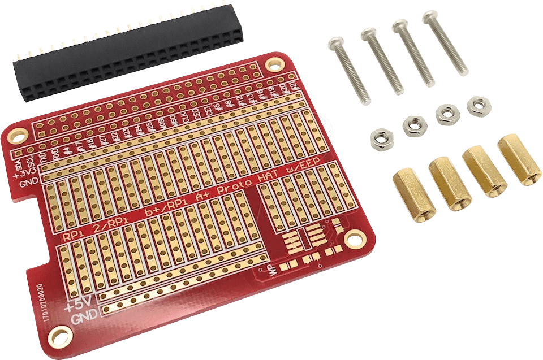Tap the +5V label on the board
(x=76, y=307)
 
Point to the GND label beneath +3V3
(x=28, y=184)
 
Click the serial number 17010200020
(x=48, y=306)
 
